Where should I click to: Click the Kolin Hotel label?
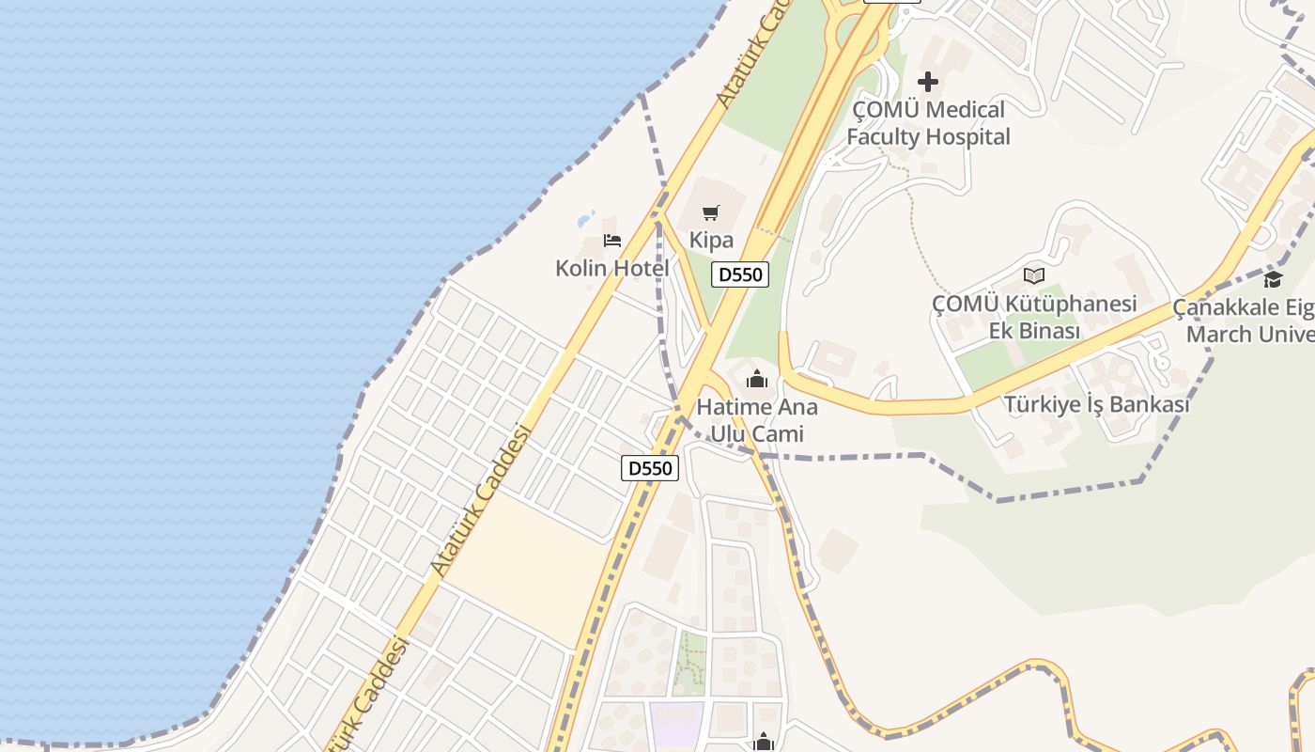[x=612, y=268]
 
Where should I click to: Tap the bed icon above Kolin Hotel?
[x=612, y=241]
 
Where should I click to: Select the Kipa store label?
[x=711, y=240]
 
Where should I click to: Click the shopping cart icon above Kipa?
[x=711, y=213]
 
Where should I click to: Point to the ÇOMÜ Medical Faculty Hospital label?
[x=928, y=123]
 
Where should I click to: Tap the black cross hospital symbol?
[x=928, y=82]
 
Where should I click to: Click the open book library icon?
[x=1034, y=275]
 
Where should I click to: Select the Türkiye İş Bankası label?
[x=1096, y=404]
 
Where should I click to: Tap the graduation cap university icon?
[x=1274, y=279]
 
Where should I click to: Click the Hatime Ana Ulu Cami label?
[x=757, y=420]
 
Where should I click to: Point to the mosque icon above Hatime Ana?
[x=757, y=380]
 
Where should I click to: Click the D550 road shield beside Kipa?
[x=740, y=274]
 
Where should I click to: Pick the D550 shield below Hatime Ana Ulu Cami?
[x=650, y=468]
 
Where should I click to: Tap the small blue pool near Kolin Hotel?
[x=586, y=220]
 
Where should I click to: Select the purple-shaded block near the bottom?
[x=676, y=725]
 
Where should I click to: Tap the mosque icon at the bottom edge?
[x=765, y=744]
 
